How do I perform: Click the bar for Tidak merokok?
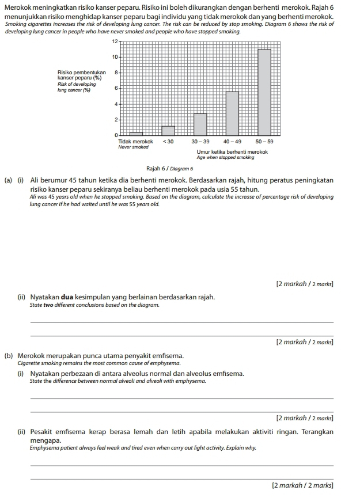[136, 133]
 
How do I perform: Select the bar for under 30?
[168, 130]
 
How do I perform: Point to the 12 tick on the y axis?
[115, 42]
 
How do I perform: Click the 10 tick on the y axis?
[115, 57]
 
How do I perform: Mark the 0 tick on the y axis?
[115, 135]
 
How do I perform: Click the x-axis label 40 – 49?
[232, 141]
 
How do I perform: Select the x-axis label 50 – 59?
[264, 141]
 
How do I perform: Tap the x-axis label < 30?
[168, 141]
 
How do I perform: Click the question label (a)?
[9, 180]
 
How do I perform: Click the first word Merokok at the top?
[20, 6]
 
